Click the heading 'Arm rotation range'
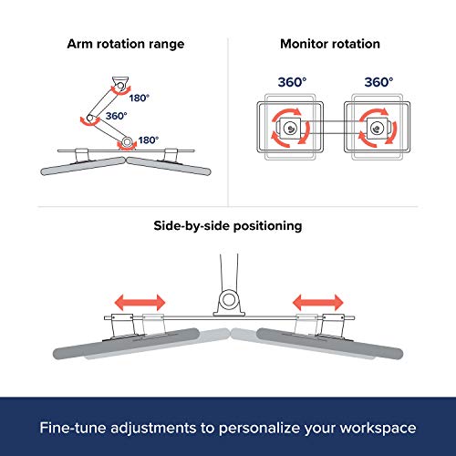coord(126,44)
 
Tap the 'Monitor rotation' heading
coord(330,44)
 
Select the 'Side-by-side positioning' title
coord(228,226)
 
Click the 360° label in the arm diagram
coord(116,116)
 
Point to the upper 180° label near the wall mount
coord(140,98)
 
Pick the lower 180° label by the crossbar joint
coord(149,140)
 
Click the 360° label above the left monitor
coord(292,82)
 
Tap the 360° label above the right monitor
coord(378,82)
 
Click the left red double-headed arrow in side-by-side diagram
coord(140,303)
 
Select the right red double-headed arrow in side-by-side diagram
coord(318,303)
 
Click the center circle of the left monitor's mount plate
coord(290,129)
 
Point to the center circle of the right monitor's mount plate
coord(378,129)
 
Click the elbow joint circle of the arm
coord(90,118)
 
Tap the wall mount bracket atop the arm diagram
coord(120,84)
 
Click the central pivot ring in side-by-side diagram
coord(228,300)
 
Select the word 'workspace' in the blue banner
coord(378,429)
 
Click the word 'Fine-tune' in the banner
coord(73,428)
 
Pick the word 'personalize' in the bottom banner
coord(260,429)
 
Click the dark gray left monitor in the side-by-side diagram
coord(126,344)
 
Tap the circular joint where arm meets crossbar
coord(127,141)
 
